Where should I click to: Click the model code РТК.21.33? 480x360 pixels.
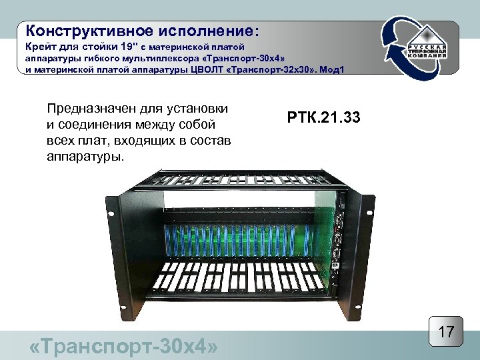coord(324,119)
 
